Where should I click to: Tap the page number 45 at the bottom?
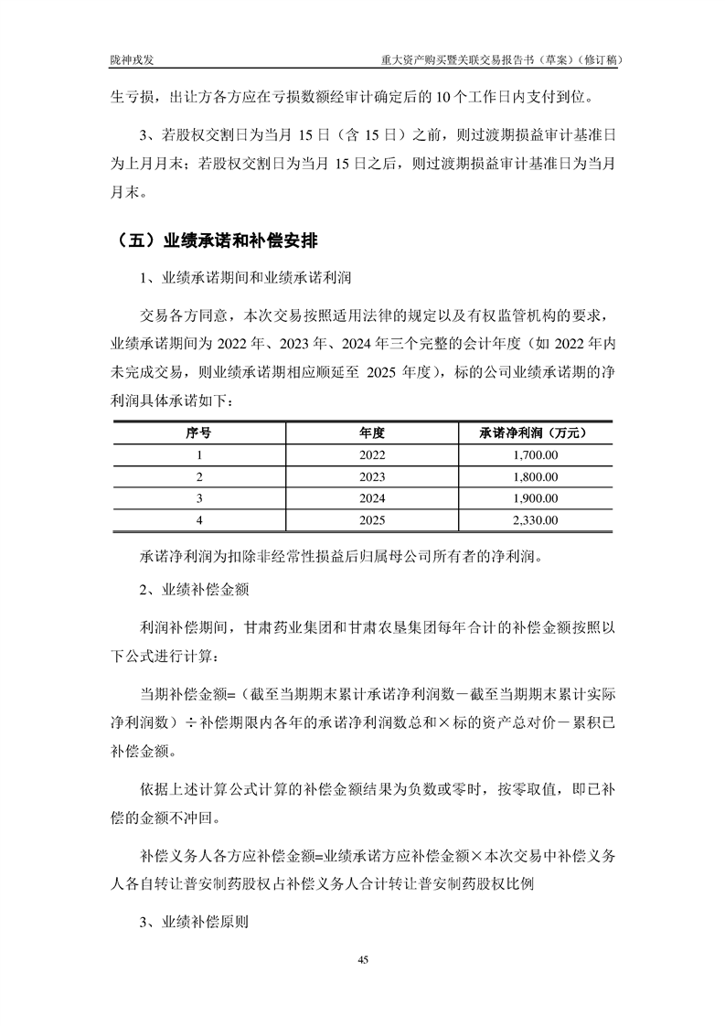click(363, 959)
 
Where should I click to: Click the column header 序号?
click(198, 433)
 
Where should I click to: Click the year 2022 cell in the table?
click(372, 454)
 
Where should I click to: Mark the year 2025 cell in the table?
click(372, 520)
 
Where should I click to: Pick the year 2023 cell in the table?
click(372, 476)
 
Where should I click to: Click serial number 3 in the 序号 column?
click(198, 498)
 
